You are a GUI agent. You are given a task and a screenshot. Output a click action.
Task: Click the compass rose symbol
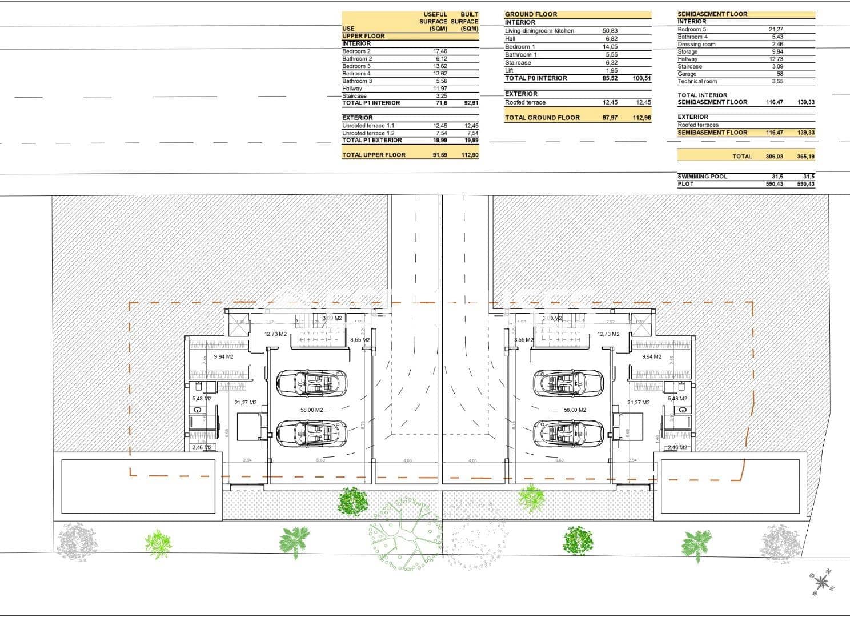(821, 582)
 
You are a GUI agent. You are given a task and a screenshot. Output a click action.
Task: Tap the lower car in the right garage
(568, 434)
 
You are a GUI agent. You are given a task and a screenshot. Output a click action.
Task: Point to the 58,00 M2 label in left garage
(312, 410)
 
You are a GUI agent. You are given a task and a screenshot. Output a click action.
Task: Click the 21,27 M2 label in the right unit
(638, 403)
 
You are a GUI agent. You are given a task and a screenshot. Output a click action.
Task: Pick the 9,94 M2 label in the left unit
(223, 357)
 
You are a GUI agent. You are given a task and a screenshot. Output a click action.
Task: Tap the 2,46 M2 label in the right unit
(677, 447)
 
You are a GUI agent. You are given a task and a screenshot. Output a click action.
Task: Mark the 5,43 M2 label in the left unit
(202, 399)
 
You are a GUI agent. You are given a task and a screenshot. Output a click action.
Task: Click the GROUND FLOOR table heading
(531, 14)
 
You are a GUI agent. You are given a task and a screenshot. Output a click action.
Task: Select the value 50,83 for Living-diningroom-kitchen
(610, 31)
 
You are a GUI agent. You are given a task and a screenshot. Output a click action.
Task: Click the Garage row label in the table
(687, 74)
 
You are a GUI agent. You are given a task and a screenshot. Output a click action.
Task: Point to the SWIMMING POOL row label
(702, 177)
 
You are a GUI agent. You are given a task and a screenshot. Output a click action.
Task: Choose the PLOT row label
(685, 184)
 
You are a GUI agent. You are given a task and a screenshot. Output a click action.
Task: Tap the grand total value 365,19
(805, 157)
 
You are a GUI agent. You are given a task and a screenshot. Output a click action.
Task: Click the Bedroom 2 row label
(356, 51)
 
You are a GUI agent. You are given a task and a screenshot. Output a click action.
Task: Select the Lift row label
(509, 71)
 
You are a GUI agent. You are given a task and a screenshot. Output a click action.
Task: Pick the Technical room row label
(697, 81)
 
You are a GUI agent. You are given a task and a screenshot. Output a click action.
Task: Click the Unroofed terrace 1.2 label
(368, 133)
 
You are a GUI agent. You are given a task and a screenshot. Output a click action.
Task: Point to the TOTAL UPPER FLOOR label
(374, 155)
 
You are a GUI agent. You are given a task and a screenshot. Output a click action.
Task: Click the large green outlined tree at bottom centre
(407, 532)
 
